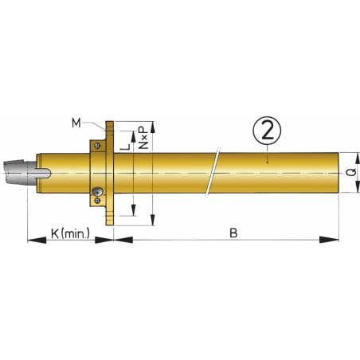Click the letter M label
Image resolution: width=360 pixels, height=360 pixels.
click(76, 122)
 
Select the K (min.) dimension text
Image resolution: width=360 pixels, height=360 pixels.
click(70, 233)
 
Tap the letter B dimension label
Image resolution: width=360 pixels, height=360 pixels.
click(233, 233)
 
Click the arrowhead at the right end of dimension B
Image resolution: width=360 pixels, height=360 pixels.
click(327, 237)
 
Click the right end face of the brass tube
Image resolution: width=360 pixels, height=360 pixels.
click(338, 172)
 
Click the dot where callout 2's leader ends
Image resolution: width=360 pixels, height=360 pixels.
click(268, 161)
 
